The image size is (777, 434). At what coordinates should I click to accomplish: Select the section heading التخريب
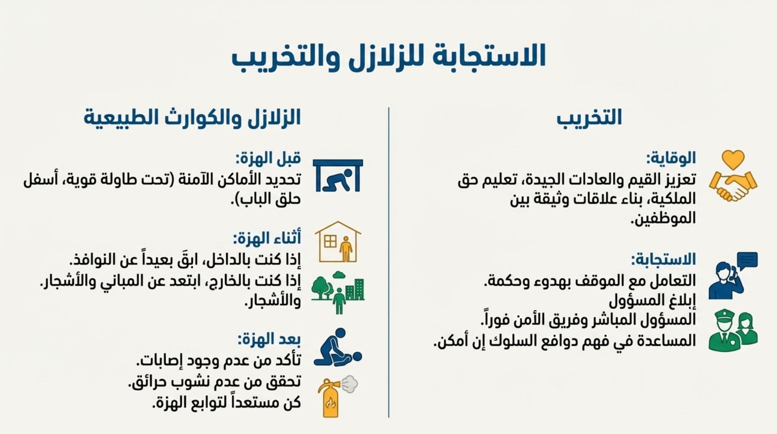coord(589,117)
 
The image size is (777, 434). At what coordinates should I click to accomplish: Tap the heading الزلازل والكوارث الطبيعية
coord(192,117)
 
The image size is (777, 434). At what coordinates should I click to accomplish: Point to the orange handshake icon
coord(733,186)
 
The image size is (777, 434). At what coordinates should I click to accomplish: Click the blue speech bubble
coord(747,261)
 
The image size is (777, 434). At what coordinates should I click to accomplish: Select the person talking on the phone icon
coord(726,281)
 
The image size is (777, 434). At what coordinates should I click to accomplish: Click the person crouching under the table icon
coord(338,175)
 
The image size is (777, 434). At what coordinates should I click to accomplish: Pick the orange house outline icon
coord(338,242)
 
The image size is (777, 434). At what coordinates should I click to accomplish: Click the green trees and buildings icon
coord(338,292)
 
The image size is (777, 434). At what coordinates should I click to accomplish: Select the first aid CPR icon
coord(338,348)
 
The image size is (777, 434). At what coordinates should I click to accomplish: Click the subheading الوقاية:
coord(671,158)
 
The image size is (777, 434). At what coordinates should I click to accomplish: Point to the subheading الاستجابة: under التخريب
coord(663,259)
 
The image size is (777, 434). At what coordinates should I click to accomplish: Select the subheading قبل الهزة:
coord(268,158)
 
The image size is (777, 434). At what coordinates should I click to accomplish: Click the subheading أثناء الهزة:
coord(267,238)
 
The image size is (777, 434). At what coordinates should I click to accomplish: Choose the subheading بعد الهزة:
coord(269,339)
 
